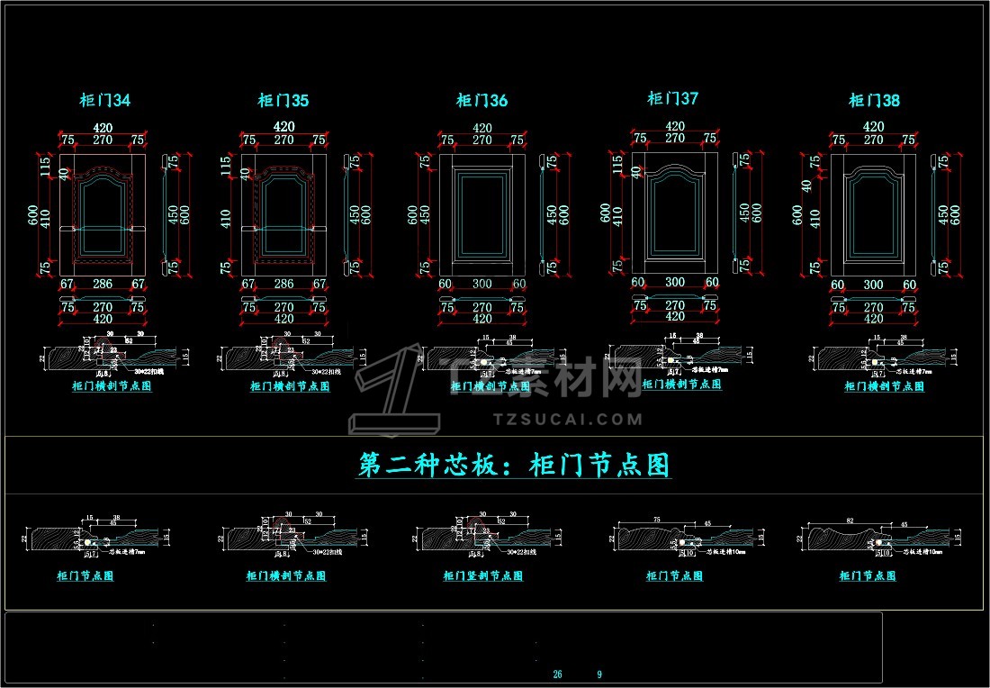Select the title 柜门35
pyautogui.click(x=283, y=101)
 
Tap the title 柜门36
pyautogui.click(x=481, y=101)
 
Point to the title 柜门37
pyautogui.click(x=673, y=98)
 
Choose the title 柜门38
pyautogui.click(x=874, y=101)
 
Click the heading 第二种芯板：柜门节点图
pyautogui.click(x=514, y=466)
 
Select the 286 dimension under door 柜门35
pyautogui.click(x=283, y=284)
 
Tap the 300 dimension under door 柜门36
pyautogui.click(x=481, y=284)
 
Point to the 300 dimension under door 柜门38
pyautogui.click(x=873, y=285)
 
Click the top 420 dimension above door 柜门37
pyautogui.click(x=674, y=126)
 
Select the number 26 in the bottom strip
pyautogui.click(x=557, y=674)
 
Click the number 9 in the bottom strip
pyautogui.click(x=599, y=674)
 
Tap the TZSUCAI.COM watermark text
pyautogui.click(x=568, y=419)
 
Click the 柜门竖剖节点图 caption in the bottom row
pyautogui.click(x=483, y=576)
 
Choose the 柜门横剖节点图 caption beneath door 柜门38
pyautogui.click(x=884, y=386)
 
